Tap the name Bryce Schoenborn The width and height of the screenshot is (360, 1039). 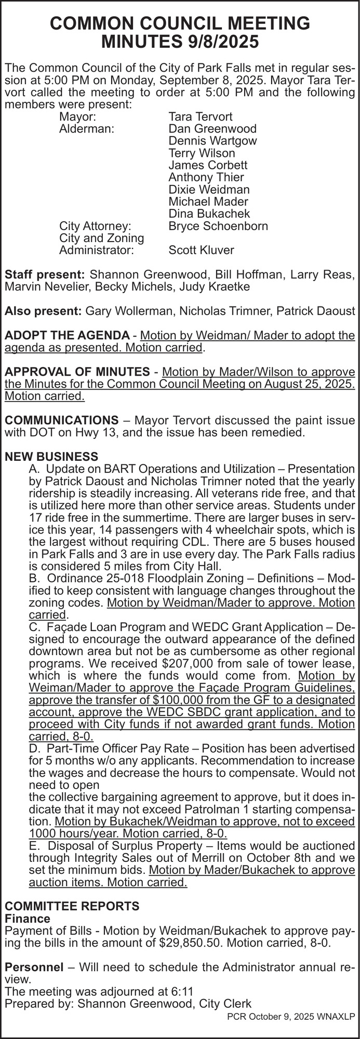point(218,226)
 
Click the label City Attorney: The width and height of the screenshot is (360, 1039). point(95,226)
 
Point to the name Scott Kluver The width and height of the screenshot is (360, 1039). point(202,250)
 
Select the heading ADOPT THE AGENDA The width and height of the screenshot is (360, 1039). point(66,336)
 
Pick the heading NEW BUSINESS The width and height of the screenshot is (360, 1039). point(51,457)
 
